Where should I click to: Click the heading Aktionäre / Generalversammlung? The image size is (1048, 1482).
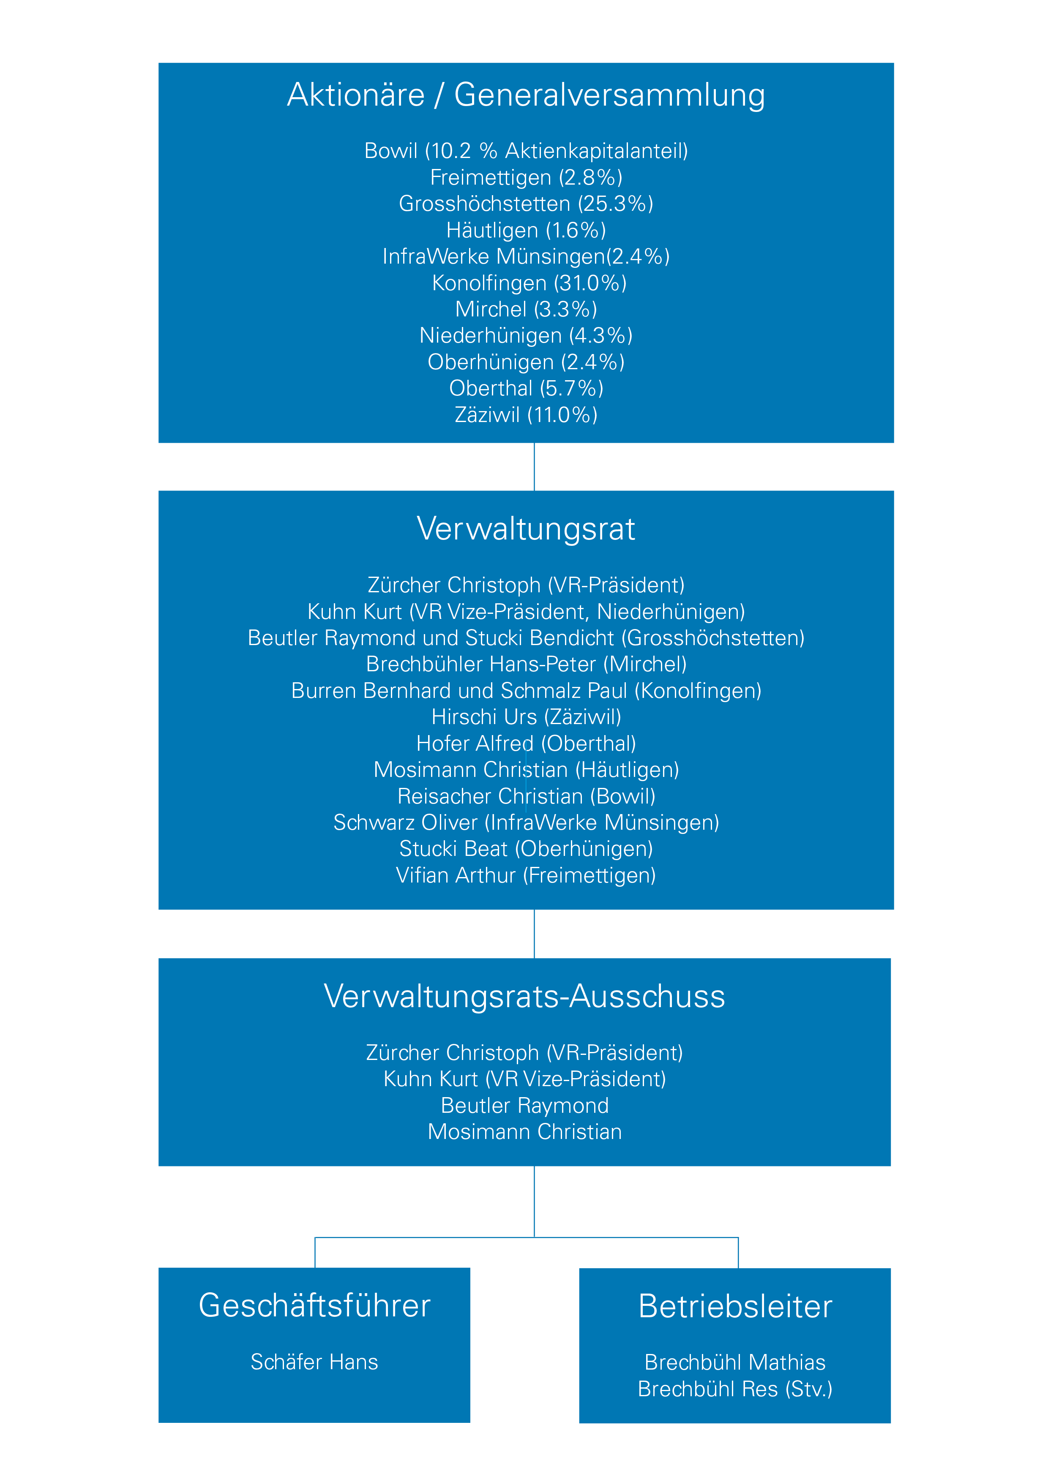pos(526,95)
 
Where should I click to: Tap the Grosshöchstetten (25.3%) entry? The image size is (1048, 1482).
pos(526,203)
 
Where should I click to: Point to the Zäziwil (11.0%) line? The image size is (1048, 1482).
pos(526,414)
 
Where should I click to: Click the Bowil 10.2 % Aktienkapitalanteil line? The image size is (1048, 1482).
pos(526,150)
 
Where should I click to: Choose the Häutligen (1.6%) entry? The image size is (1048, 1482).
pos(526,230)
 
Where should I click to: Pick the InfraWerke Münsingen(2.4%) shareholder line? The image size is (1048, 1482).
pos(526,256)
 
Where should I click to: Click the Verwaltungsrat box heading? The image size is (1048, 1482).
pos(526,529)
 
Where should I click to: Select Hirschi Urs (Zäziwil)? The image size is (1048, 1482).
pos(526,717)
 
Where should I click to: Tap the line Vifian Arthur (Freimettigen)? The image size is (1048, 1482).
pos(526,875)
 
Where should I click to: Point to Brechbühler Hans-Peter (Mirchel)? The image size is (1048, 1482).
pos(526,664)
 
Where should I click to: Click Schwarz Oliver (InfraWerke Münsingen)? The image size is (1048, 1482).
pos(526,823)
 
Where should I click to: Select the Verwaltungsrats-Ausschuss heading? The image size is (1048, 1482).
pos(524,996)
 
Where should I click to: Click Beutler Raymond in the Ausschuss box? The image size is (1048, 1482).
pos(525,1105)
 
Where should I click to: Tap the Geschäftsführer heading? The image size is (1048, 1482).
pos(314,1305)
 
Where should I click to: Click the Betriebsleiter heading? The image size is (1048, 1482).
pos(735,1306)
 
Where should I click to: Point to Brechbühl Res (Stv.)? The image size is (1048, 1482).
pos(735,1388)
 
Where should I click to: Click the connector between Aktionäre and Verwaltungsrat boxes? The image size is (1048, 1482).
pos(534,467)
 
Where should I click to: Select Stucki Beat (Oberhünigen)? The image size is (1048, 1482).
pos(526,849)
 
